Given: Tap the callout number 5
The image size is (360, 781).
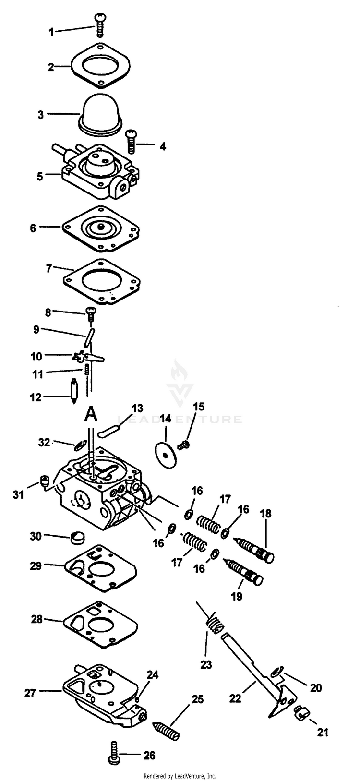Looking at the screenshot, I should click(x=40, y=176).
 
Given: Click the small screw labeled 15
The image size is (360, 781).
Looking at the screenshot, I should click(x=183, y=445).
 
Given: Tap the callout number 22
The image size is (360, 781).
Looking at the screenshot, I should click(x=235, y=699).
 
